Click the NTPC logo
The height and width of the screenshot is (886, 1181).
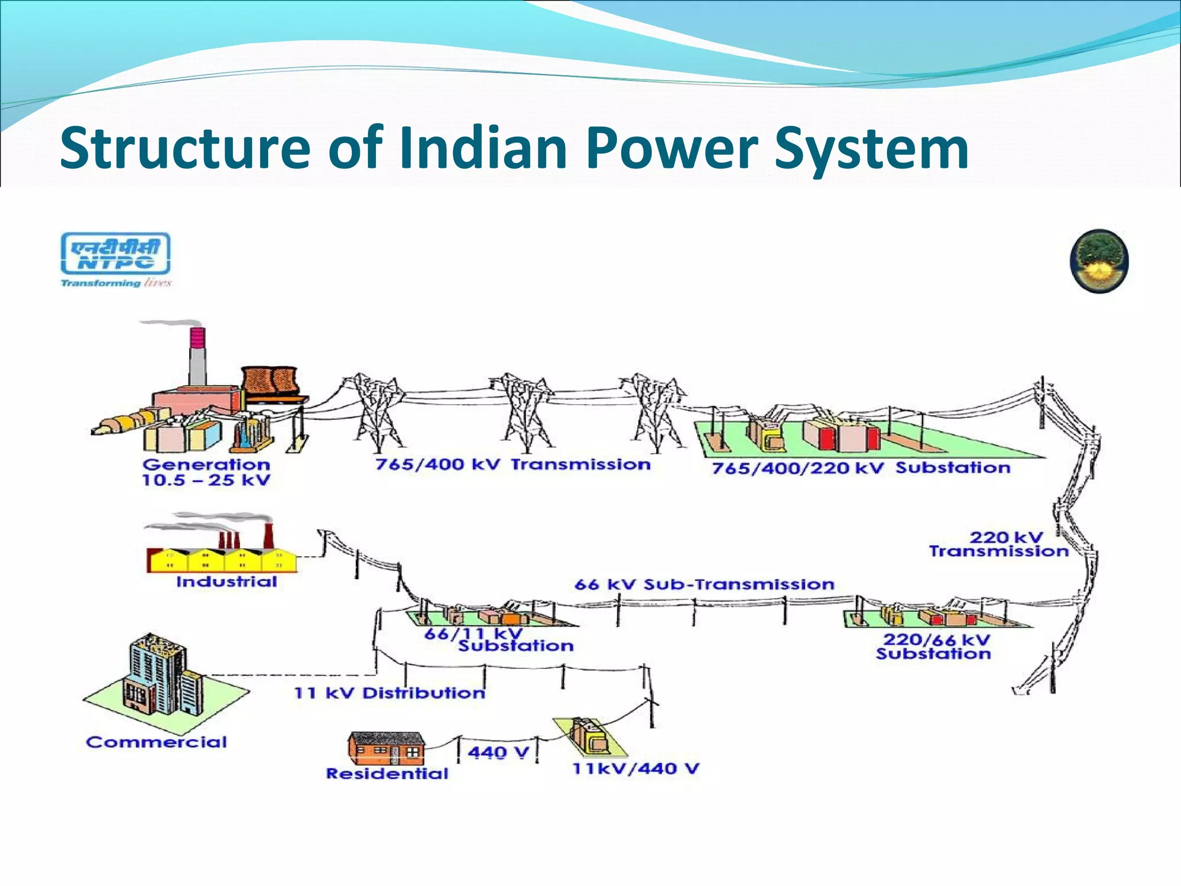click(x=116, y=258)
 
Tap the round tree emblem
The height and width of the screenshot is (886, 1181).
click(x=1099, y=261)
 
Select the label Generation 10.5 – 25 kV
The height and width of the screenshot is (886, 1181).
click(x=206, y=472)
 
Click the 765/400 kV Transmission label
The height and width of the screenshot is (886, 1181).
click(x=513, y=464)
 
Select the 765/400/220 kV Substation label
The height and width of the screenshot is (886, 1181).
click(x=861, y=468)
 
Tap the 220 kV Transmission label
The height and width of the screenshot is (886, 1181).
click(x=999, y=545)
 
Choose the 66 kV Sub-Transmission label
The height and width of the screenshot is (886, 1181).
click(x=704, y=584)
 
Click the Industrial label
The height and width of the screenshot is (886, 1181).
click(x=227, y=581)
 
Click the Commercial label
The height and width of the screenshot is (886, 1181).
click(x=156, y=742)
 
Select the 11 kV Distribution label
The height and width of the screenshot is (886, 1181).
click(x=390, y=693)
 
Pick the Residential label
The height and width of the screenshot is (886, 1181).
click(x=387, y=774)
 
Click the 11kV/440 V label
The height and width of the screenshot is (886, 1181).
click(x=635, y=768)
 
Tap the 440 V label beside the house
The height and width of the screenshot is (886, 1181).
click(x=498, y=752)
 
